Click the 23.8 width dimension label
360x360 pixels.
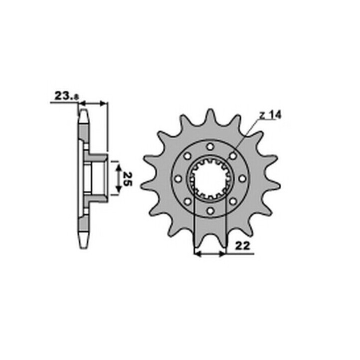tap(66, 95)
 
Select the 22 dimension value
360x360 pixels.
tap(242, 246)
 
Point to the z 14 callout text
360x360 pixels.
tap(270, 115)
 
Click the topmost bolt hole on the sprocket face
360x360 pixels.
tap(210, 146)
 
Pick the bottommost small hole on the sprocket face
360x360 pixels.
tap(210, 210)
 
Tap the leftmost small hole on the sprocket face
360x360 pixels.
tap(178, 178)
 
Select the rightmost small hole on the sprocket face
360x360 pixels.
tap(242, 178)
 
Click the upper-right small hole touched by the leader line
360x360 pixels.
tap(233, 156)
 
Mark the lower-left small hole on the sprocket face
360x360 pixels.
tap(188, 201)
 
